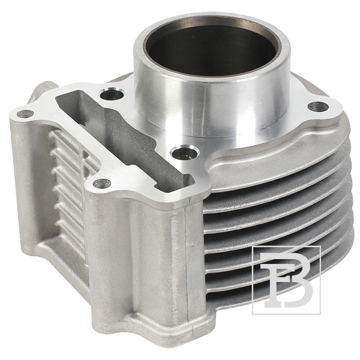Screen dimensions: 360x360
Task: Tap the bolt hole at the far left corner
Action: coord(25,113)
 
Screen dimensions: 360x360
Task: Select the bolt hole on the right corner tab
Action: coord(318,106)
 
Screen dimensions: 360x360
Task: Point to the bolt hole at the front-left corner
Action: coord(102,183)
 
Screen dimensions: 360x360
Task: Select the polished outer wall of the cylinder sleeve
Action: coord(211,101)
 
